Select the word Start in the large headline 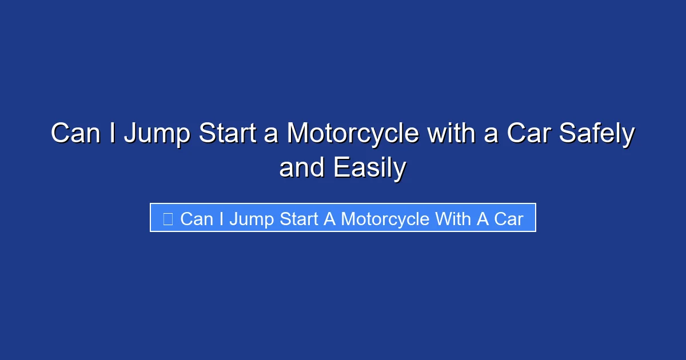point(227,134)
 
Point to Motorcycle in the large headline point(353,134)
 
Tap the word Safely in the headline point(597,134)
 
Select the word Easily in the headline point(370,168)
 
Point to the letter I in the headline point(117,134)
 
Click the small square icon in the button point(168,218)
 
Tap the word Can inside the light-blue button point(197,218)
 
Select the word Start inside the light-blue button point(298,218)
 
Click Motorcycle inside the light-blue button point(385,218)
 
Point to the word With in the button point(453,218)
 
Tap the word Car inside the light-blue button point(509,218)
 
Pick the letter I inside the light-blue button point(221,218)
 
